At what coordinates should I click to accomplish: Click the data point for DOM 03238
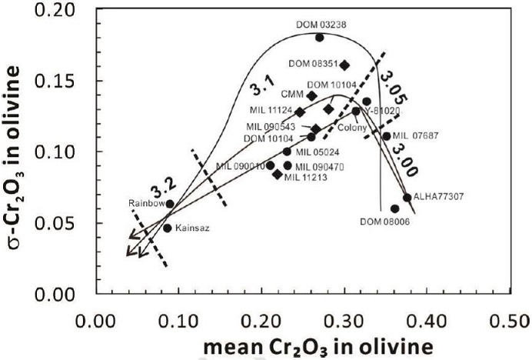coord(320,37)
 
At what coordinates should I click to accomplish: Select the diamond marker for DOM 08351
coord(344,65)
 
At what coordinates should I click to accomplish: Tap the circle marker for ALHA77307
coord(407,198)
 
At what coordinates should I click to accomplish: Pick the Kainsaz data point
coord(168,228)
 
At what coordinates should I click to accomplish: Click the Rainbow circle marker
coord(170,204)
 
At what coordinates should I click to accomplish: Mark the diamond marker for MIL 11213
coord(278,174)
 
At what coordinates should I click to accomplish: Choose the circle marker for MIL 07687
coord(386,136)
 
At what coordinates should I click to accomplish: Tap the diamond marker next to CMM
coord(312,96)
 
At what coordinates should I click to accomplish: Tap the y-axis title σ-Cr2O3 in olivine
coord(17,152)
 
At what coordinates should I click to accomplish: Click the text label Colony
coord(351,128)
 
